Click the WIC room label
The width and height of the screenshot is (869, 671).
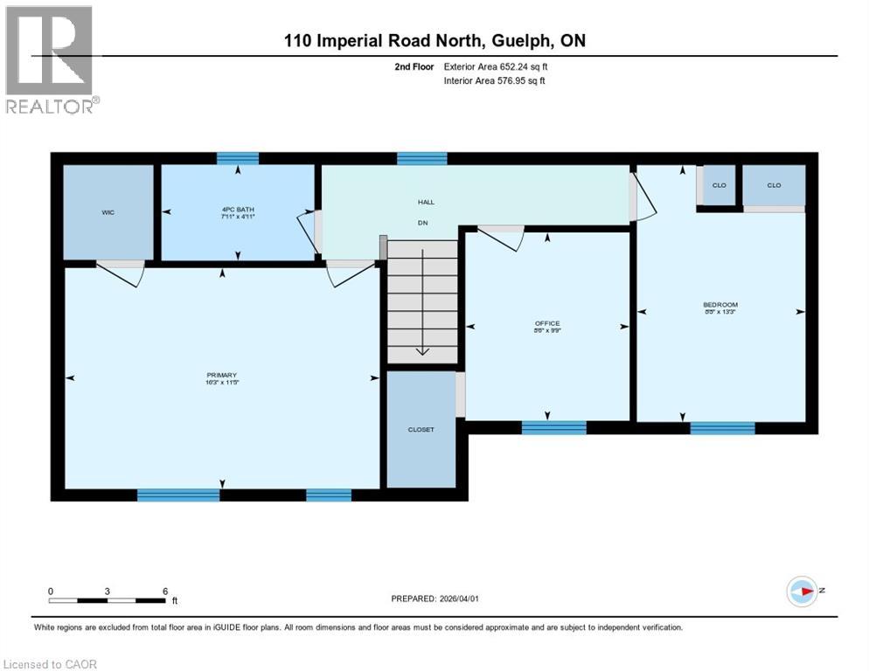point(108,211)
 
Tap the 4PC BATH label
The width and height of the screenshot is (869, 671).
point(238,211)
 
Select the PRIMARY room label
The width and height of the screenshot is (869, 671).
point(223,376)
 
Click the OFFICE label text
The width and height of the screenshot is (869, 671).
point(548,324)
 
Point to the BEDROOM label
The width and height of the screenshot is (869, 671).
point(720,305)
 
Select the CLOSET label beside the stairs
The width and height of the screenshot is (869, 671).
point(421,430)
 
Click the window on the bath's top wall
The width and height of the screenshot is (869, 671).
point(238,159)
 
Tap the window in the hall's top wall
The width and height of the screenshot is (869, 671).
point(422,159)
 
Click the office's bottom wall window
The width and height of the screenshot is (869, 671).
point(553,427)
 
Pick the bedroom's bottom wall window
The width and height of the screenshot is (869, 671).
point(722,428)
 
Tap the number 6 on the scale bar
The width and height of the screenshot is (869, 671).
point(164,591)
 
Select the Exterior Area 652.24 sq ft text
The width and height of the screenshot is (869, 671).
point(496,66)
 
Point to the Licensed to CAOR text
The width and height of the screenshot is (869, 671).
point(50,664)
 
